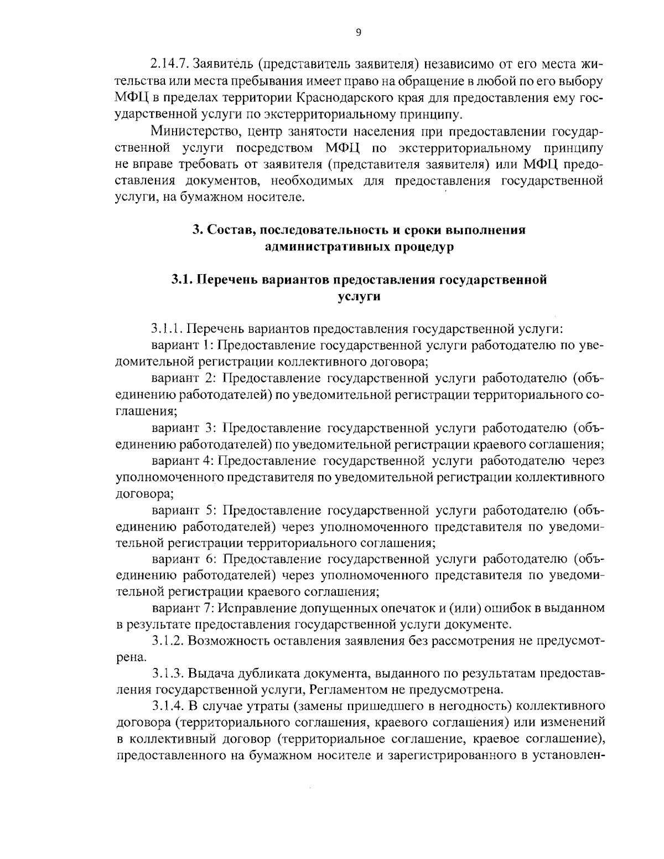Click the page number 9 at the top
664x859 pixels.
pos(358,33)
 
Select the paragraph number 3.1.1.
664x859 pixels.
pos(167,329)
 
